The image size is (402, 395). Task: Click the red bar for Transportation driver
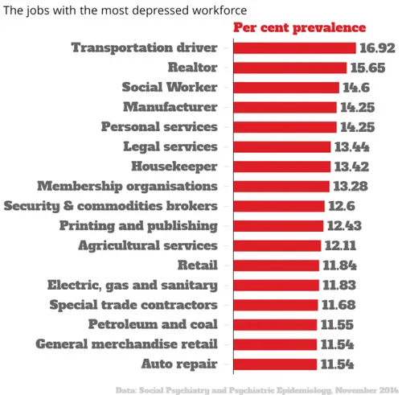[x=294, y=47]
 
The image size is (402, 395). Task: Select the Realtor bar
[x=289, y=68]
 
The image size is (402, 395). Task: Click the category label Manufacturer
[x=170, y=107]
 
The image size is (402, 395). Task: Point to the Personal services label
[x=159, y=127]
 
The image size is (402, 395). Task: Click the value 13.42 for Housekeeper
[x=351, y=167]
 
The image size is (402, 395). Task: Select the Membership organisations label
[x=127, y=186]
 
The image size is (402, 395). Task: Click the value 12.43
[x=346, y=225]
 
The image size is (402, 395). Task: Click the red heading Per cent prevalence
[x=299, y=28]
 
